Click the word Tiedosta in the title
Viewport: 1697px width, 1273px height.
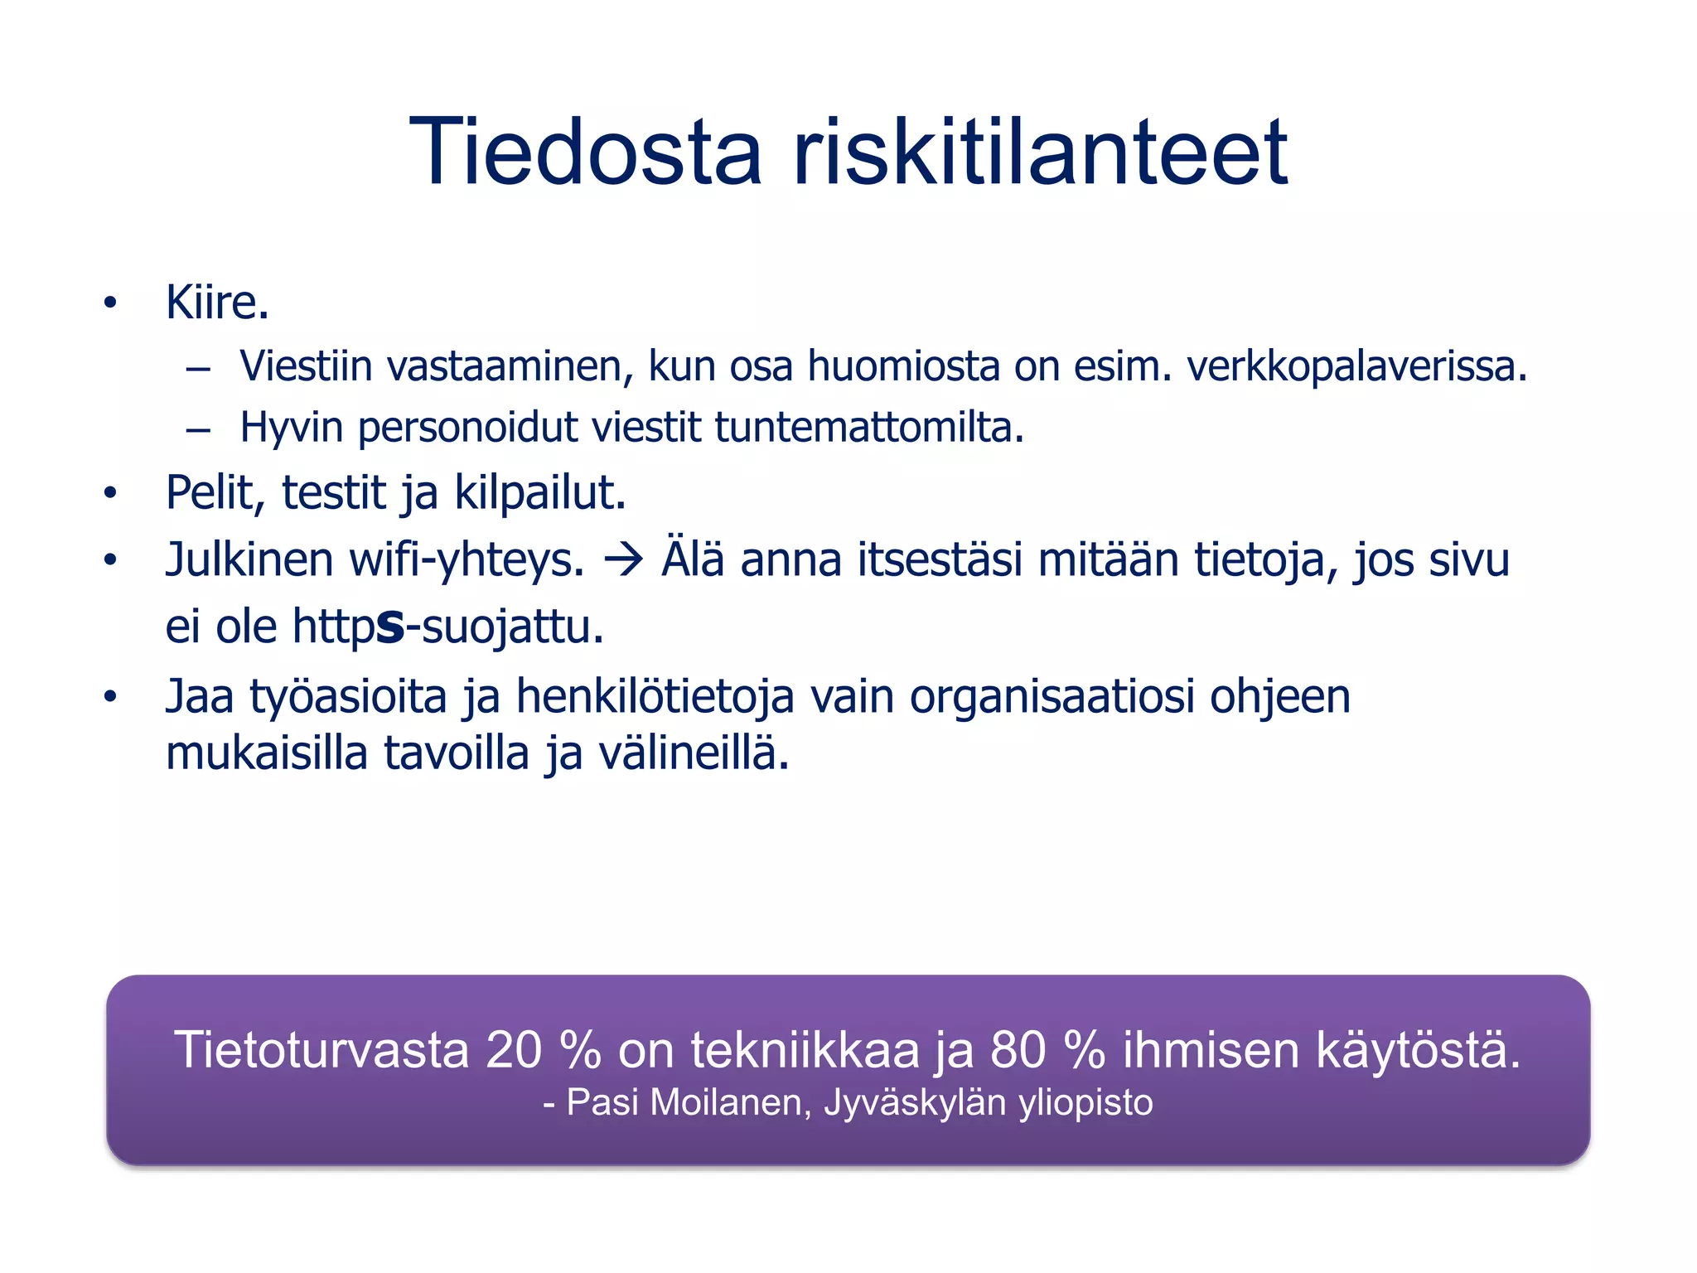pos(585,153)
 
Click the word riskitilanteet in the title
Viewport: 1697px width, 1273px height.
pos(1040,153)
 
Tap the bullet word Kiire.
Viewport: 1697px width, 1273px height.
pos(217,303)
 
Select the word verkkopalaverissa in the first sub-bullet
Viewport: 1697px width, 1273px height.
pos(1356,366)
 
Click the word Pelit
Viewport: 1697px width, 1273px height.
pos(214,493)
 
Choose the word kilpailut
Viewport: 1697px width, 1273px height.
pos(539,493)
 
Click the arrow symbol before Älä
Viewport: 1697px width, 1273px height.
pos(623,561)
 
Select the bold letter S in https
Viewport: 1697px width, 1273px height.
pos(390,627)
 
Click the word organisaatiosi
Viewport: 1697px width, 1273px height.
pos(1051,696)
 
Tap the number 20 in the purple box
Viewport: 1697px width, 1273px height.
pos(513,1050)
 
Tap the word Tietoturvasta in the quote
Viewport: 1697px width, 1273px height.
pos(322,1050)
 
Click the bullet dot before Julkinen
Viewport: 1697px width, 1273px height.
pos(110,561)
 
